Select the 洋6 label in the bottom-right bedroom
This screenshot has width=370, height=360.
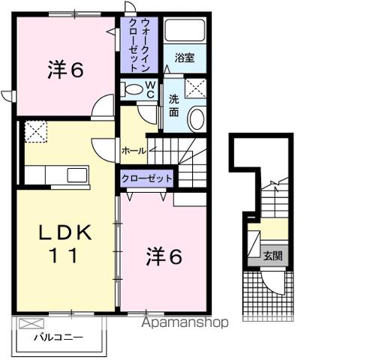[164, 256]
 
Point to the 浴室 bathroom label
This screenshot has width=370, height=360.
[185, 57]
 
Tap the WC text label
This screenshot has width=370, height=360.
[150, 91]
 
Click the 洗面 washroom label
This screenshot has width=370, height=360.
[173, 106]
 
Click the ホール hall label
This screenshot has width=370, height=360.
[133, 151]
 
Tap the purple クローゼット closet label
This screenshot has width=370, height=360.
[148, 178]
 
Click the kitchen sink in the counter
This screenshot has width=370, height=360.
[77, 175]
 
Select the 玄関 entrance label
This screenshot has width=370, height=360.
[272, 255]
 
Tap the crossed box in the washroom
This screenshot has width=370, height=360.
[196, 88]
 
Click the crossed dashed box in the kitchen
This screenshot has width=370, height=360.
[35, 133]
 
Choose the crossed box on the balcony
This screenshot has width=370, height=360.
[29, 324]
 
